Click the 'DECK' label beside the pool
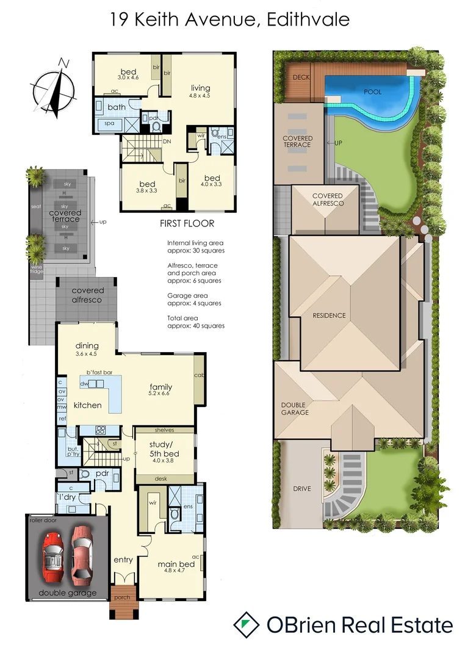point(301,77)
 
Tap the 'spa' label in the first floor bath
point(109,123)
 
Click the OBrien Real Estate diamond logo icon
point(246,625)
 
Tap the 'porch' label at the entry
point(122,597)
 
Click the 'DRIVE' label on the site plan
point(301,489)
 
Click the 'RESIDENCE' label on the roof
point(329,315)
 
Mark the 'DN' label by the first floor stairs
point(167,142)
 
